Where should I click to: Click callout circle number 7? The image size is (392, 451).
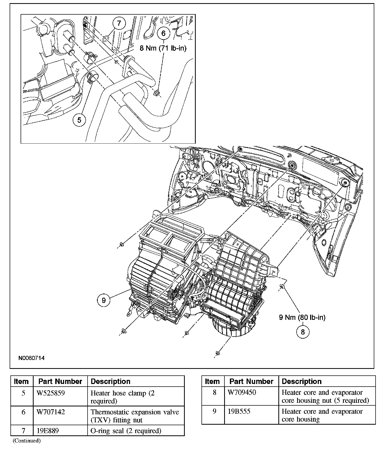(x=119, y=23)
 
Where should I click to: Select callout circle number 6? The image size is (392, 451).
(x=163, y=33)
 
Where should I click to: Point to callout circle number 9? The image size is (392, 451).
(x=104, y=300)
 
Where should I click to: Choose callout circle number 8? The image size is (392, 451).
(x=303, y=332)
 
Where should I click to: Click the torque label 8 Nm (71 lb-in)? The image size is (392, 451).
(x=163, y=48)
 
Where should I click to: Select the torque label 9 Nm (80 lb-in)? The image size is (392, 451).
(x=302, y=317)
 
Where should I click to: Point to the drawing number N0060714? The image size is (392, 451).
(x=31, y=358)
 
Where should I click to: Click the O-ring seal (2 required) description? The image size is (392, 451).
(x=126, y=431)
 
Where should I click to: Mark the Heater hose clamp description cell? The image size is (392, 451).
(x=123, y=397)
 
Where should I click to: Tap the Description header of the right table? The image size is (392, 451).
(x=302, y=381)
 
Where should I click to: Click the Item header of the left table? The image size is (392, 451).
(x=21, y=381)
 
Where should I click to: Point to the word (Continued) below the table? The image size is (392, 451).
(x=27, y=441)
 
